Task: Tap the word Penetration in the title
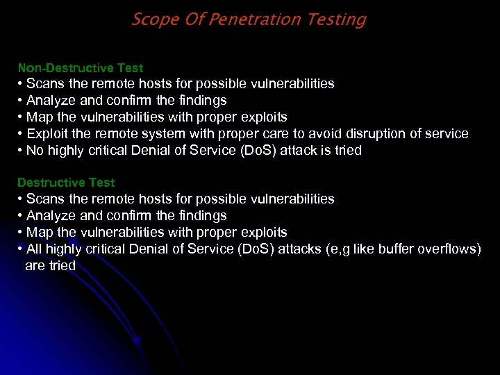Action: (x=254, y=19)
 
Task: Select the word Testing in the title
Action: (x=340, y=19)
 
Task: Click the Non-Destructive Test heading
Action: (x=80, y=68)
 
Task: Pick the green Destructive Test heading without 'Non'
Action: (x=66, y=183)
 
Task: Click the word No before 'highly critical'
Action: (x=35, y=150)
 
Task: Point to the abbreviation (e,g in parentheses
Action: (x=337, y=249)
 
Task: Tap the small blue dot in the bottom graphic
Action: (x=137, y=341)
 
